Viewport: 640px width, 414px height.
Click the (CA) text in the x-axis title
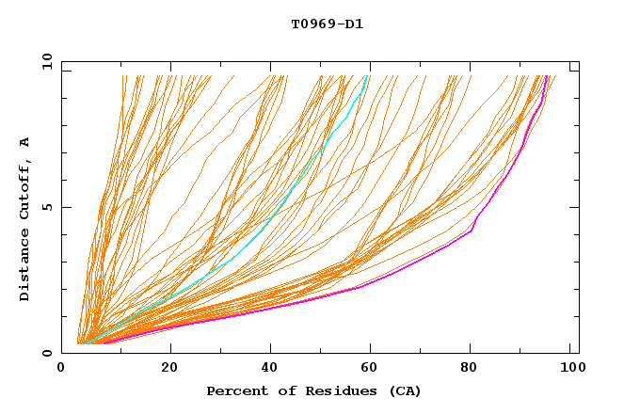coord(401,390)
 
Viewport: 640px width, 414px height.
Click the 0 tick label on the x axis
coord(62,368)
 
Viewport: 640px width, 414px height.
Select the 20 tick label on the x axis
coord(169,368)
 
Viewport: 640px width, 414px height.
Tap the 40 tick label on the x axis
coord(272,368)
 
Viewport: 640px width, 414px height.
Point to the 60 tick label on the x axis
coord(374,368)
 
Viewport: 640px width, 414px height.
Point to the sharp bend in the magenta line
coord(472,230)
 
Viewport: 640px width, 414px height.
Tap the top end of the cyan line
coord(367,76)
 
